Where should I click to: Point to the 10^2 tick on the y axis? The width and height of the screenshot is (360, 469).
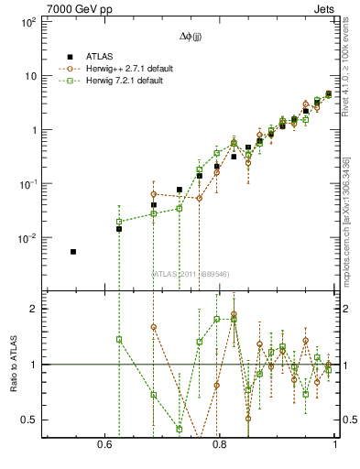[x=27, y=22]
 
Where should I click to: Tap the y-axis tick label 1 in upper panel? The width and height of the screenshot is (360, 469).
[x=34, y=130]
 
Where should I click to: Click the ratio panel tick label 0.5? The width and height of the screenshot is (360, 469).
[x=29, y=420]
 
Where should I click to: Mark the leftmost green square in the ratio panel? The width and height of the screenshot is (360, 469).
[x=119, y=340]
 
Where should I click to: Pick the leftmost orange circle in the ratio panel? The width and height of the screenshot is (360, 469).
[x=153, y=327]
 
